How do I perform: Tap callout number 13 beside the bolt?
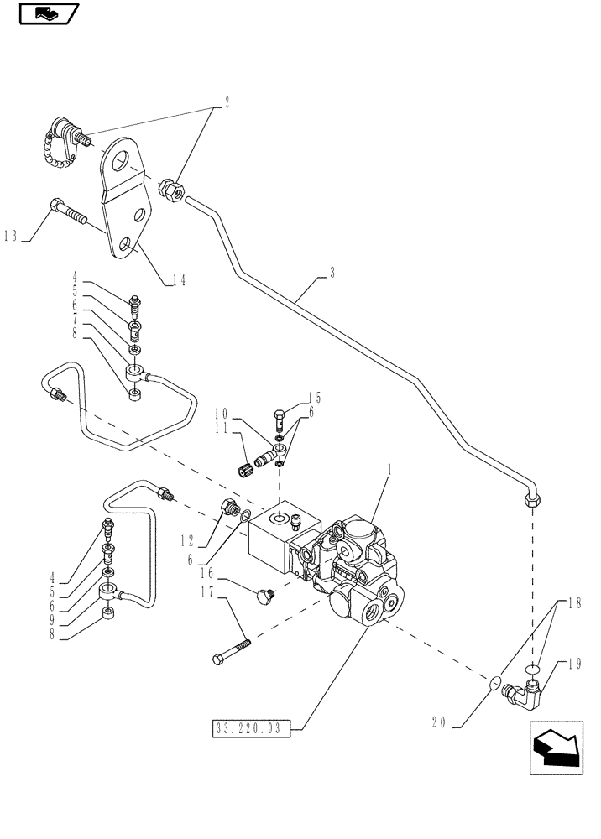tap(12, 237)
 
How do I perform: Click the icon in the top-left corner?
tap(47, 13)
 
